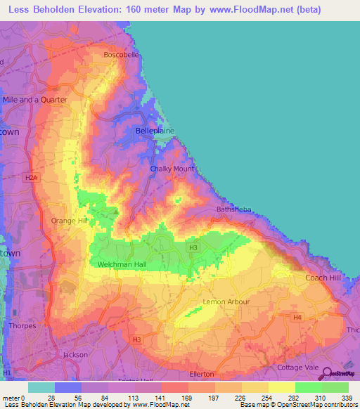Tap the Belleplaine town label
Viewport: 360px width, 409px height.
pos(154,131)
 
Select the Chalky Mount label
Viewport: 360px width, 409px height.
pos(172,169)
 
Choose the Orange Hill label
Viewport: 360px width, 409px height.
pos(69,221)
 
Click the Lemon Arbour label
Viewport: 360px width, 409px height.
pos(226,302)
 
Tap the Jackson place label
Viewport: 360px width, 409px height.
pos(75,355)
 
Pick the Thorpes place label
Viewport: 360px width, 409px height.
pos(21,325)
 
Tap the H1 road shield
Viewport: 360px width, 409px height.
pos(7,371)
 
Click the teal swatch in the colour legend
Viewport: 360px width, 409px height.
pos(41,387)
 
